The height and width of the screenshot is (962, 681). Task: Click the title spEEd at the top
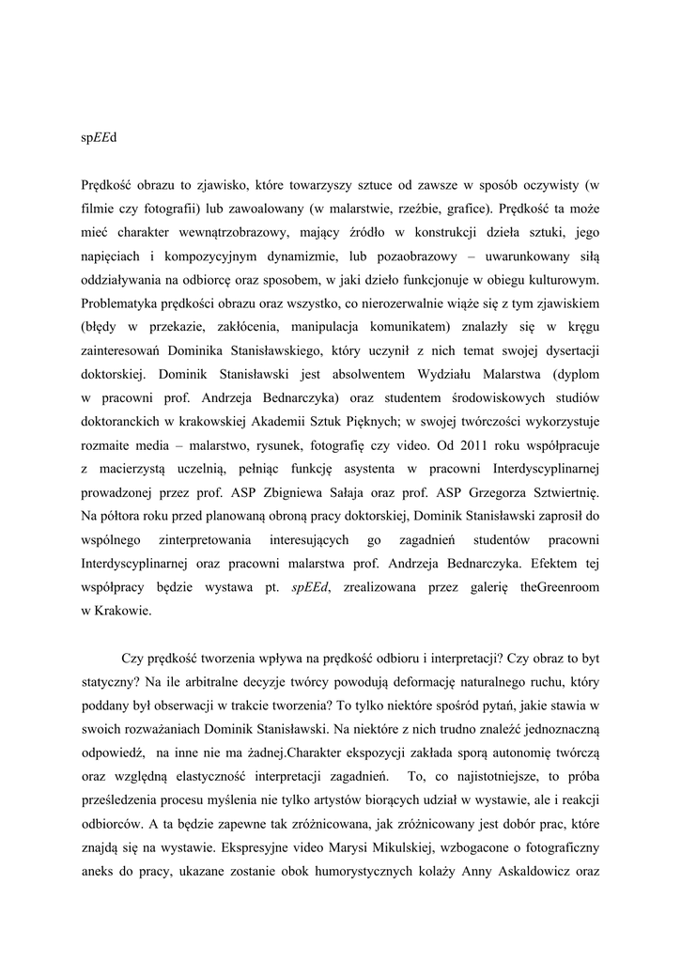(99, 137)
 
